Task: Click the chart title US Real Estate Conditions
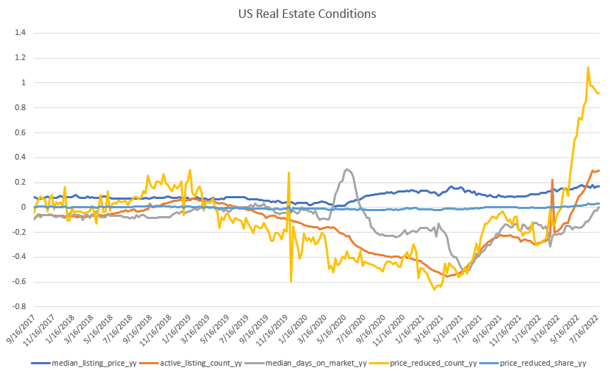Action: (x=307, y=14)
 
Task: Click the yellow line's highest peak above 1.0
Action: (x=588, y=68)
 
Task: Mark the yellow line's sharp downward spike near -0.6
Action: (x=291, y=281)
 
